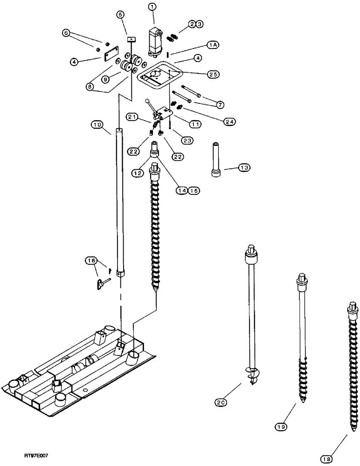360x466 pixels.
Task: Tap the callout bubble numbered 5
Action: pos(121,15)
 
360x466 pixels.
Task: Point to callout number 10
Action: pos(97,125)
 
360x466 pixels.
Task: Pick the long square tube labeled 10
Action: pos(121,200)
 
